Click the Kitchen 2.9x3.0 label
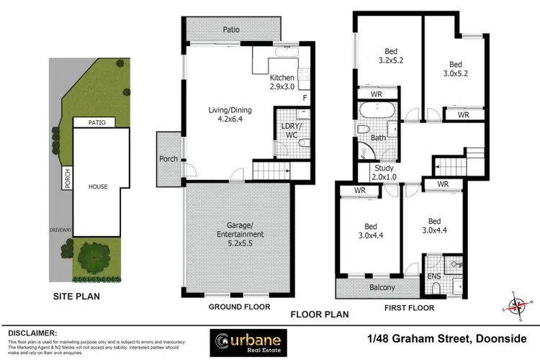283,81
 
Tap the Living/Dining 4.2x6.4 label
215,115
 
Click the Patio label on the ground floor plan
230,30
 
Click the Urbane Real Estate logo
248,341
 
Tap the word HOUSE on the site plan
98,186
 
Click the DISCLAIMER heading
32,333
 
